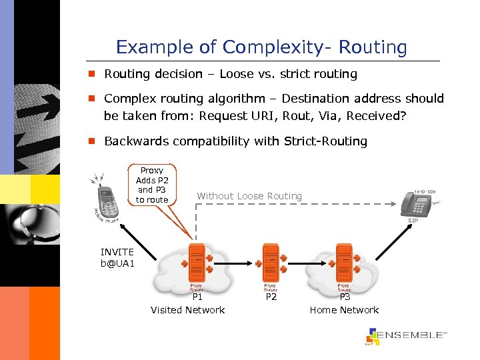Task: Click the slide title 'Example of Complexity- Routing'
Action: [x=261, y=47]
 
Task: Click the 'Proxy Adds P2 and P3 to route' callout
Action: [x=152, y=185]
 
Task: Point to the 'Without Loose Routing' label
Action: [x=249, y=196]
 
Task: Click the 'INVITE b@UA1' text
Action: [x=117, y=257]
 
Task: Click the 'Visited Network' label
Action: [x=187, y=310]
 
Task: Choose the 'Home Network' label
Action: [x=344, y=310]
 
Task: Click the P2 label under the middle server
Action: [x=271, y=297]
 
